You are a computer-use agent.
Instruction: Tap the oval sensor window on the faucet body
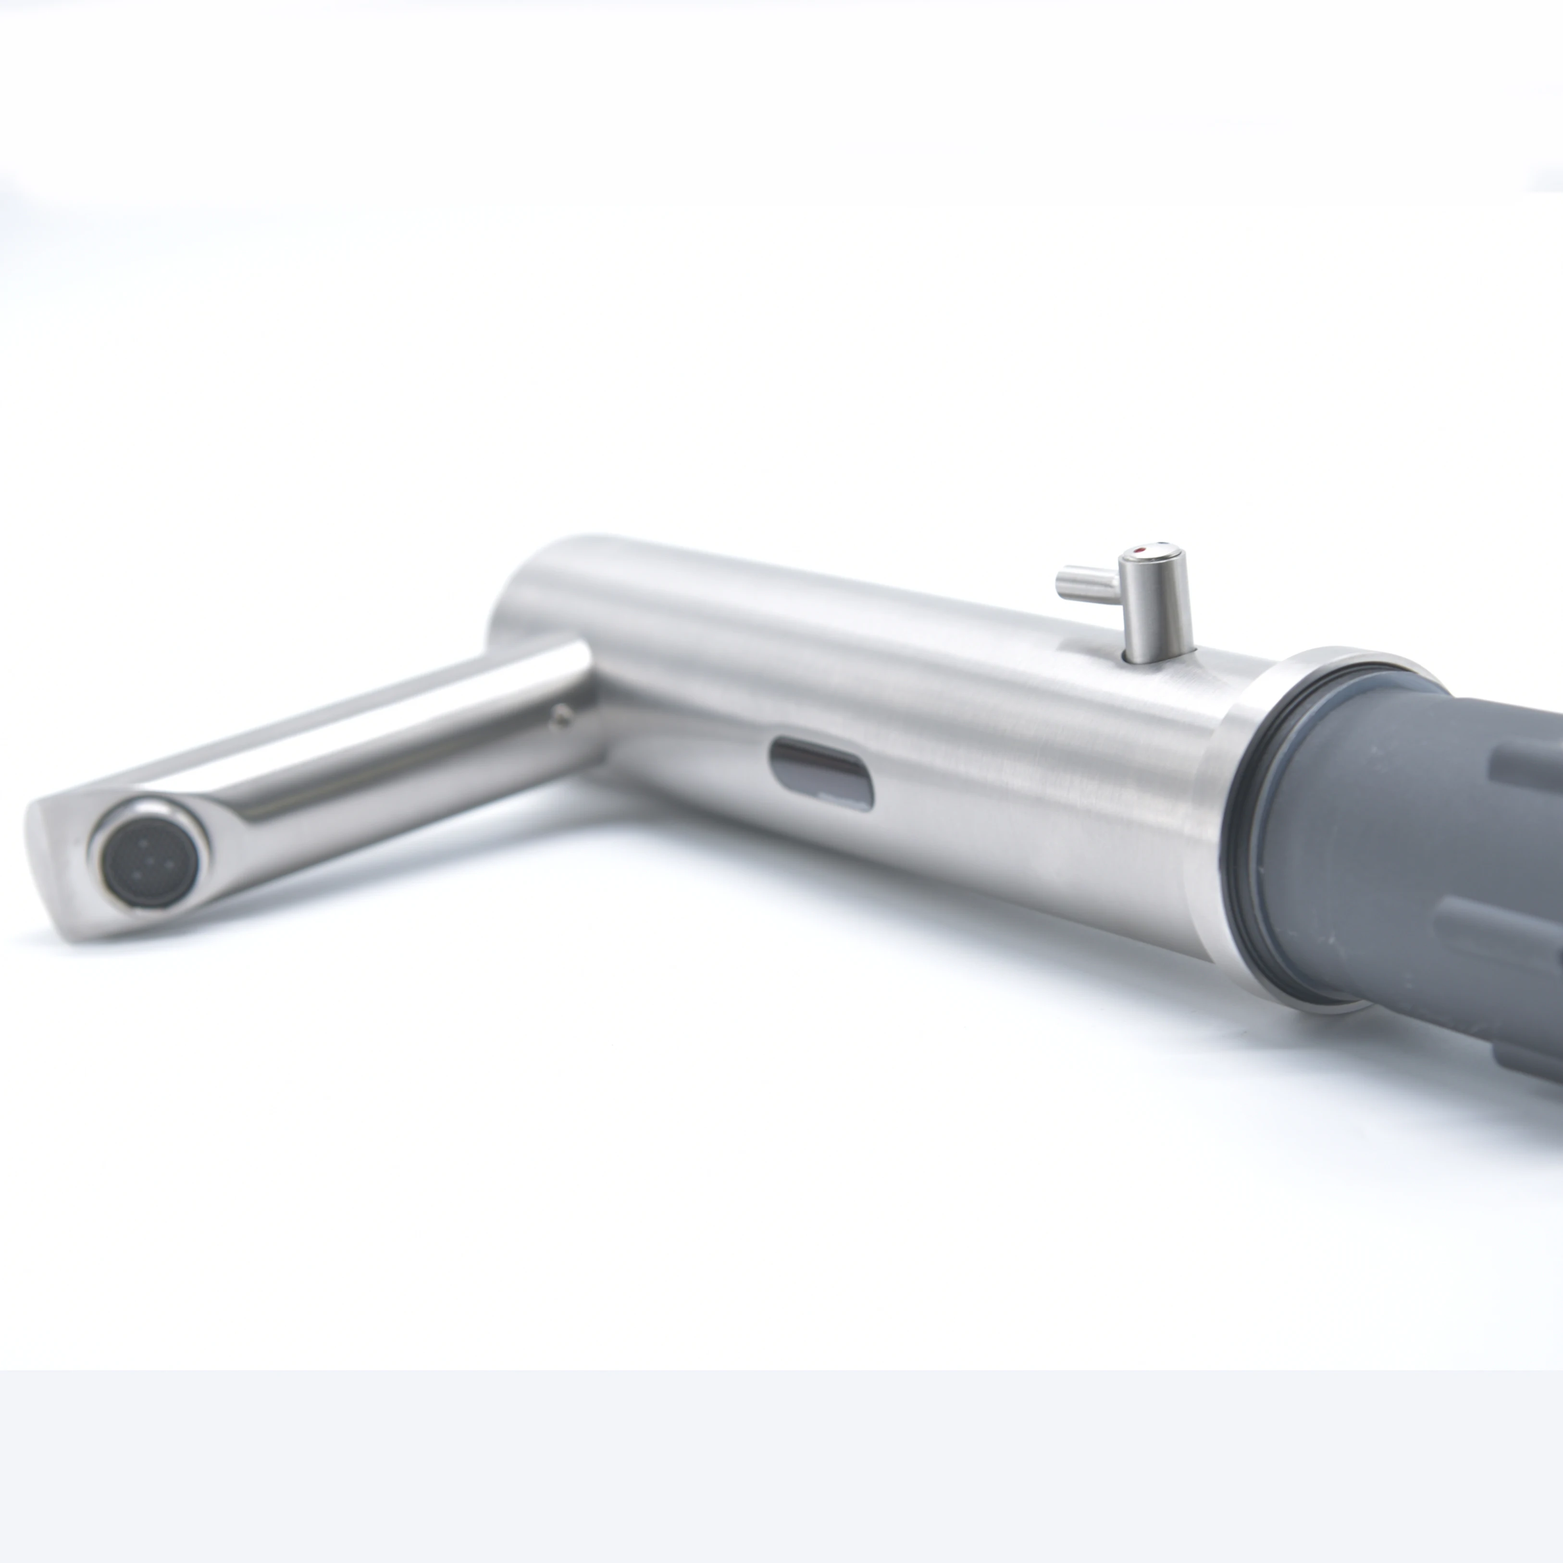tap(821, 772)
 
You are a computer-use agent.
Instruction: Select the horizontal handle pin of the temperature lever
tap(1084, 584)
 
